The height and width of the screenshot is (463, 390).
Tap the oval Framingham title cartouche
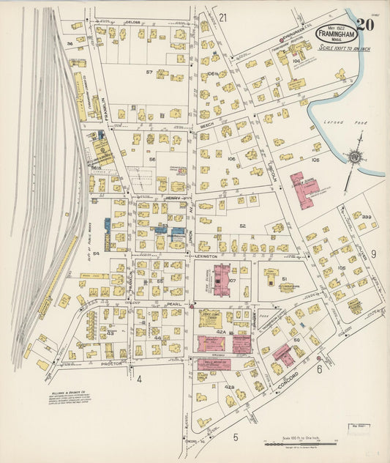[337, 34]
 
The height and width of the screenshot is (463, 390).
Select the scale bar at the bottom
[299, 444]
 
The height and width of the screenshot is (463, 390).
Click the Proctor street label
[110, 363]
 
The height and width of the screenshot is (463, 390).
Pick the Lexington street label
[206, 256]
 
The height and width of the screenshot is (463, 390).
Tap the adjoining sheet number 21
[222, 17]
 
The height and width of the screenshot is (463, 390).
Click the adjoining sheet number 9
[372, 253]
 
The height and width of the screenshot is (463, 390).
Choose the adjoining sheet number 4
[138, 379]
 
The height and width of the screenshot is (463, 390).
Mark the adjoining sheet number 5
[236, 437]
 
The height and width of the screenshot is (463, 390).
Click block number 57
[149, 72]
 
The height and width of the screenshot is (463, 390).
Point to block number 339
[366, 218]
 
